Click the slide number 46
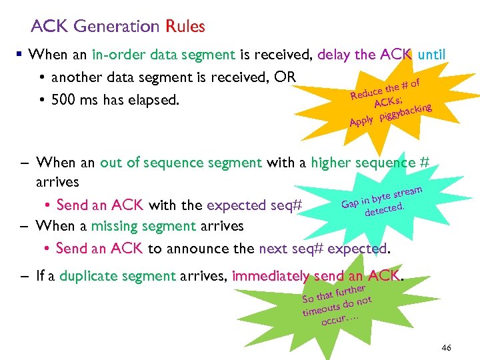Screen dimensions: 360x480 click(446, 348)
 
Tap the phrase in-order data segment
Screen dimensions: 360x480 click(163, 54)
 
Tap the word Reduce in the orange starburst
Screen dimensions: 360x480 click(367, 95)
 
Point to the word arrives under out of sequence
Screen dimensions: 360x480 click(58, 182)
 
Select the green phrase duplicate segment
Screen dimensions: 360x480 click(117, 275)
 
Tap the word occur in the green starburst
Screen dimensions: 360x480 click(335, 321)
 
